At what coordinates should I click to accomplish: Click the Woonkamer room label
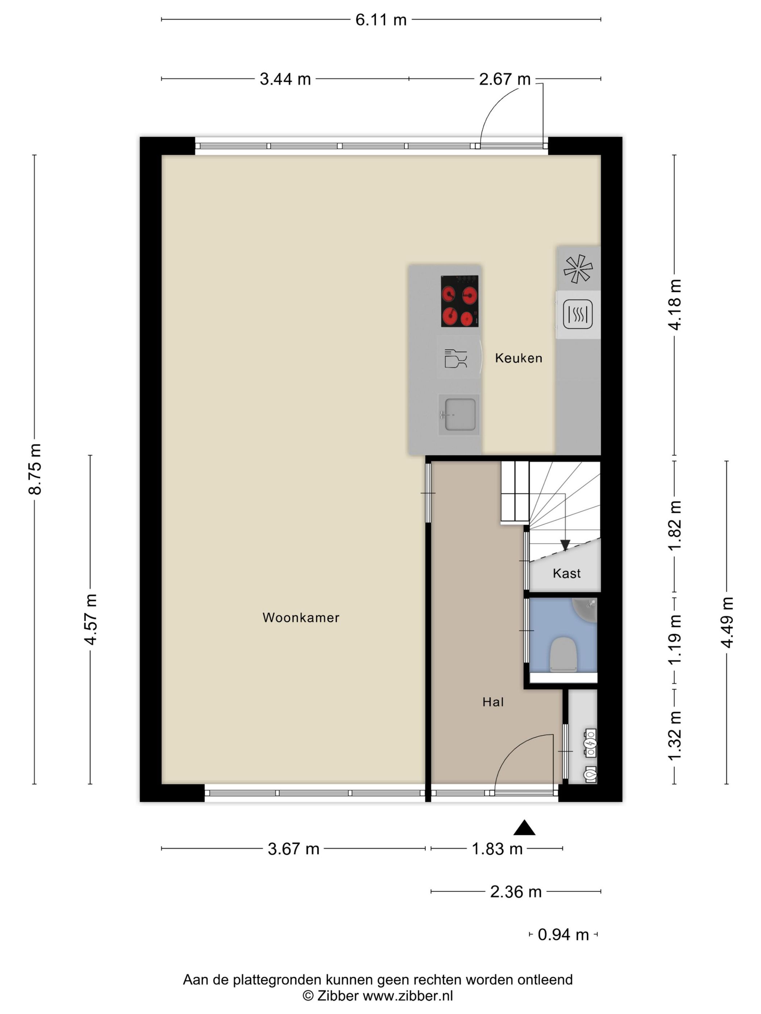tap(301, 617)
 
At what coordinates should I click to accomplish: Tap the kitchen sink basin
tap(459, 414)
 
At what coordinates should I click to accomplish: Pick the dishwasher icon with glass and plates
tap(456, 359)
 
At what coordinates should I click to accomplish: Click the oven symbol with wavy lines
tap(578, 314)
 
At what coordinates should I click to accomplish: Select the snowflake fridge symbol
tap(578, 269)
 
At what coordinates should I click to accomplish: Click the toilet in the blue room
tap(563, 655)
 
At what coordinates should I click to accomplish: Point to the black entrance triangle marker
tap(524, 828)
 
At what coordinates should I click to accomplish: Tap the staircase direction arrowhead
tap(565, 545)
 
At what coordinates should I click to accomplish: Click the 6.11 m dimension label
tap(381, 20)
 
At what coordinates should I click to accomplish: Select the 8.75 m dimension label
tap(35, 469)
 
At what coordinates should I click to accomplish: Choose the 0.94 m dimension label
tap(563, 934)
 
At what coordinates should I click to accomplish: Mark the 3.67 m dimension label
tap(294, 849)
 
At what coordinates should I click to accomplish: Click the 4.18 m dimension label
tap(675, 305)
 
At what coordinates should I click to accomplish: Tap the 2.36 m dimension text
tap(516, 892)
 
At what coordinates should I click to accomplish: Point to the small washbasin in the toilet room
tap(585, 610)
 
